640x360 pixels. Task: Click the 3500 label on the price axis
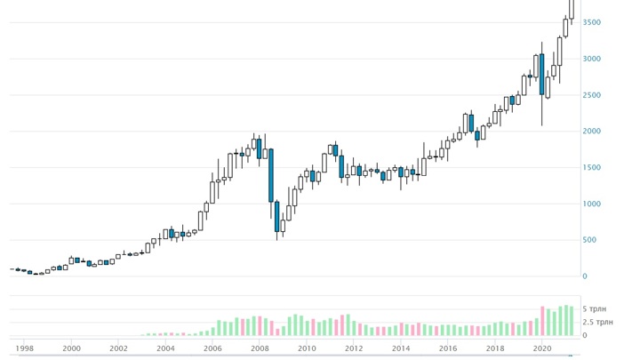pyautogui.click(x=592, y=22)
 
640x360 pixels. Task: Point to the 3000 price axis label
pyautogui.click(x=592, y=59)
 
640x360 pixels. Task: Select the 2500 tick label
pyautogui.click(x=592, y=95)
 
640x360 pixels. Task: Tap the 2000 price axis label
pyautogui.click(x=592, y=132)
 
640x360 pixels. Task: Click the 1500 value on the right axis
pyautogui.click(x=592, y=168)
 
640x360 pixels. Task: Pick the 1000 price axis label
pyautogui.click(x=592, y=204)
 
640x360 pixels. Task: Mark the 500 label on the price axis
pyautogui.click(x=589, y=240)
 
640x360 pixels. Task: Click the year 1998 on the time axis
pyautogui.click(x=25, y=348)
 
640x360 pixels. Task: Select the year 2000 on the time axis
pyautogui.click(x=72, y=348)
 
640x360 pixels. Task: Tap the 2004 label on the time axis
pyautogui.click(x=165, y=348)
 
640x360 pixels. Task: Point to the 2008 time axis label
pyautogui.click(x=260, y=348)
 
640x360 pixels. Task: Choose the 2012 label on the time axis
pyautogui.click(x=354, y=348)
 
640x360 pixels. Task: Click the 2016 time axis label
pyautogui.click(x=448, y=348)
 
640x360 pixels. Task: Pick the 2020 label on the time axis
pyautogui.click(x=542, y=348)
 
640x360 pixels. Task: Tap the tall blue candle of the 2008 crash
pyautogui.click(x=270, y=175)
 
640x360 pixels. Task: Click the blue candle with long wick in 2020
pyautogui.click(x=541, y=75)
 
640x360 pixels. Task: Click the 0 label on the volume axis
pyautogui.click(x=585, y=335)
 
